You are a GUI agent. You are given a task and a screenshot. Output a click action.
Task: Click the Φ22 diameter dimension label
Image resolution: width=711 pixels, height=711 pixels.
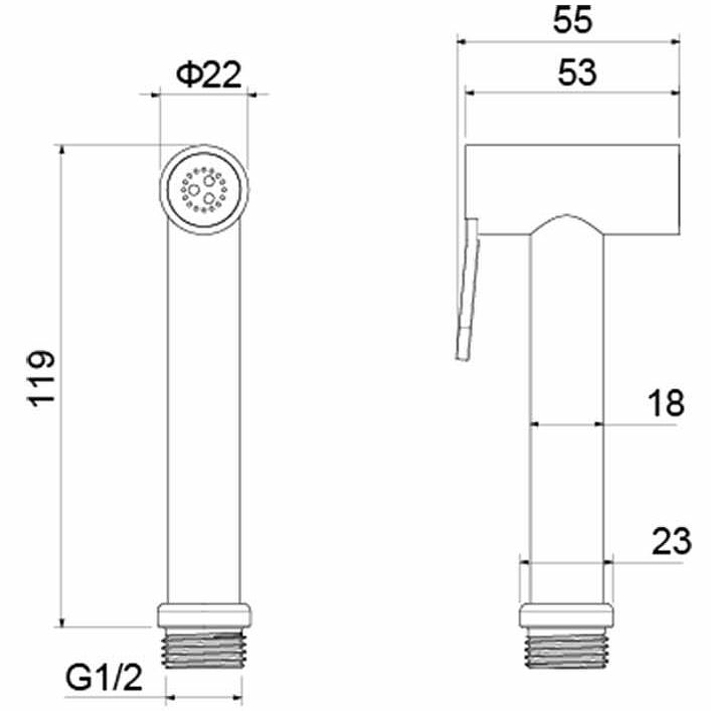(x=209, y=75)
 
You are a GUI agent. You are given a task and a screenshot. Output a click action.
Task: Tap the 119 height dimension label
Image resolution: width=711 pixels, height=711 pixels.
(x=42, y=378)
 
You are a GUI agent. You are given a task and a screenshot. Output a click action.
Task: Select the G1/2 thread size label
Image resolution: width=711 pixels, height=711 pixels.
(x=104, y=677)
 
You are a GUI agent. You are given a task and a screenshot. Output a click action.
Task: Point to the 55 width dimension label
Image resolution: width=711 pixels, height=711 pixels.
(x=572, y=20)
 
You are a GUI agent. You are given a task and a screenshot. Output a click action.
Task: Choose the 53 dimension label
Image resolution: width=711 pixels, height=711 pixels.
(x=577, y=73)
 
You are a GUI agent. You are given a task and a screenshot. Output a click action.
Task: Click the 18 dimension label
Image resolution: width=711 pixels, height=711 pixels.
(x=666, y=403)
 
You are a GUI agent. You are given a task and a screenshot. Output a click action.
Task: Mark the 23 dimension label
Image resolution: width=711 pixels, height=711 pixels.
(x=672, y=541)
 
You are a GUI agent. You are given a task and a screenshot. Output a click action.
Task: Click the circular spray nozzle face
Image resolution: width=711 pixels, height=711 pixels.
(x=204, y=189)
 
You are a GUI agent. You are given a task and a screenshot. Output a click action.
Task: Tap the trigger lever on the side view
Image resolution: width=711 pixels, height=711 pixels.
(x=467, y=288)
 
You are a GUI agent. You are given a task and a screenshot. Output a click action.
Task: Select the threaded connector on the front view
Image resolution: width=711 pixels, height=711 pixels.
(x=204, y=648)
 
